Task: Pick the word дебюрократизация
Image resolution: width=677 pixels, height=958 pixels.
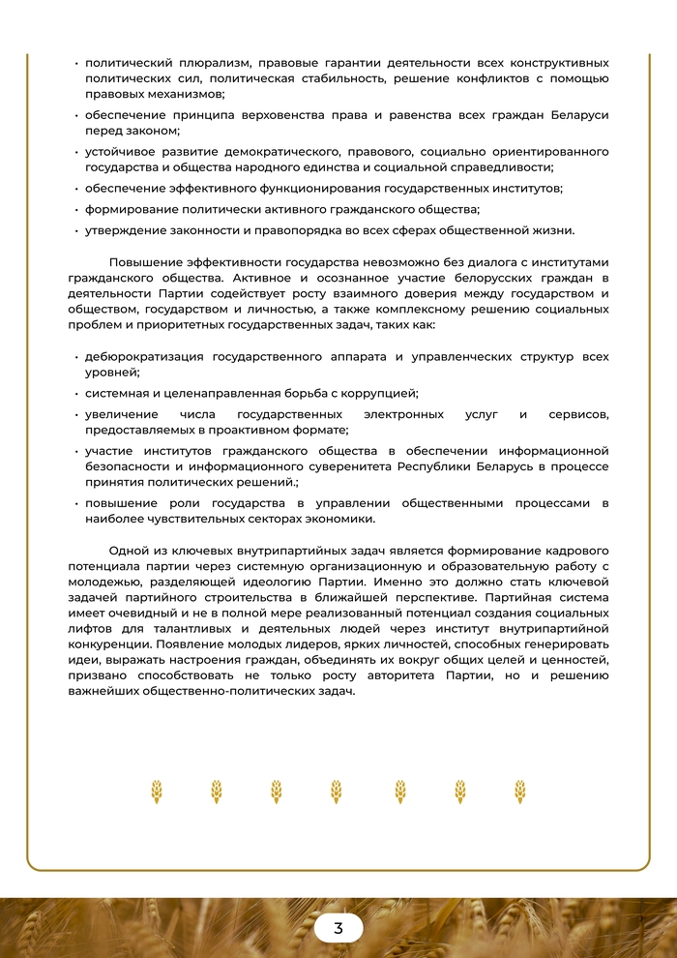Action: coord(144,356)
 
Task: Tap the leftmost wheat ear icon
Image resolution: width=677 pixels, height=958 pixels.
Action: coord(157,792)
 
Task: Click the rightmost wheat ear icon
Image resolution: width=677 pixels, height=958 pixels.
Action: coord(520,792)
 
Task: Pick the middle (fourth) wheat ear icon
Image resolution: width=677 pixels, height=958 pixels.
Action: coord(336,792)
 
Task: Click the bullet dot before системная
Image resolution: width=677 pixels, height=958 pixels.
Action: coord(76,394)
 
